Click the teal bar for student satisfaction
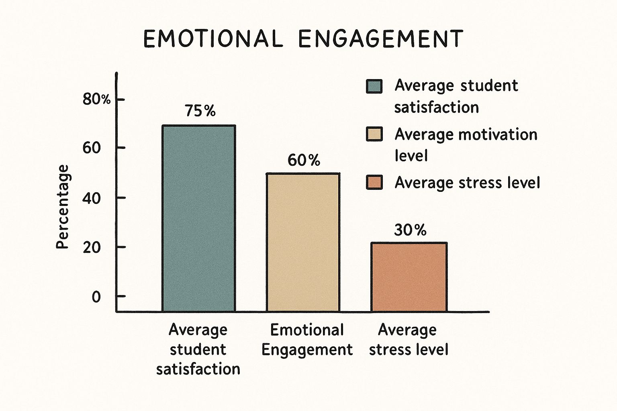coord(198,218)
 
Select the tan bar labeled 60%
coord(303,242)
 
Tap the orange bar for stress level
coord(409,277)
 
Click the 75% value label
coord(200,111)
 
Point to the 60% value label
coord(304,161)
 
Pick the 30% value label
coord(410,230)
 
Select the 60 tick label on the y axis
coord(92,148)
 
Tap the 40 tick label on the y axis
coord(92,198)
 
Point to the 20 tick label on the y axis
coord(92,247)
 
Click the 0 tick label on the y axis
coord(96,297)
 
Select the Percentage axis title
coord(63,207)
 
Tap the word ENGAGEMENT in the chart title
coord(381,39)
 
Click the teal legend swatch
coord(374,86)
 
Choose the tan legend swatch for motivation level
coord(374,134)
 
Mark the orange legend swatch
coord(374,182)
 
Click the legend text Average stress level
coord(467,183)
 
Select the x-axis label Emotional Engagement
coord(307,340)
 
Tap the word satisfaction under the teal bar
coord(198,369)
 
